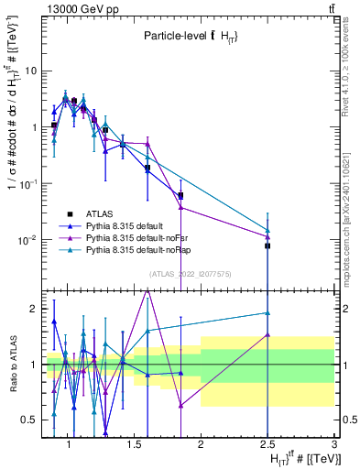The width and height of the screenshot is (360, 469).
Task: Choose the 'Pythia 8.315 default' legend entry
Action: tap(120, 224)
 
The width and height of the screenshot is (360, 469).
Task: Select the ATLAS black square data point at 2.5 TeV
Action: tap(267, 246)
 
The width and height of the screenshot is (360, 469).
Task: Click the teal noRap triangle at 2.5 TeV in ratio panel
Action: tap(267, 313)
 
